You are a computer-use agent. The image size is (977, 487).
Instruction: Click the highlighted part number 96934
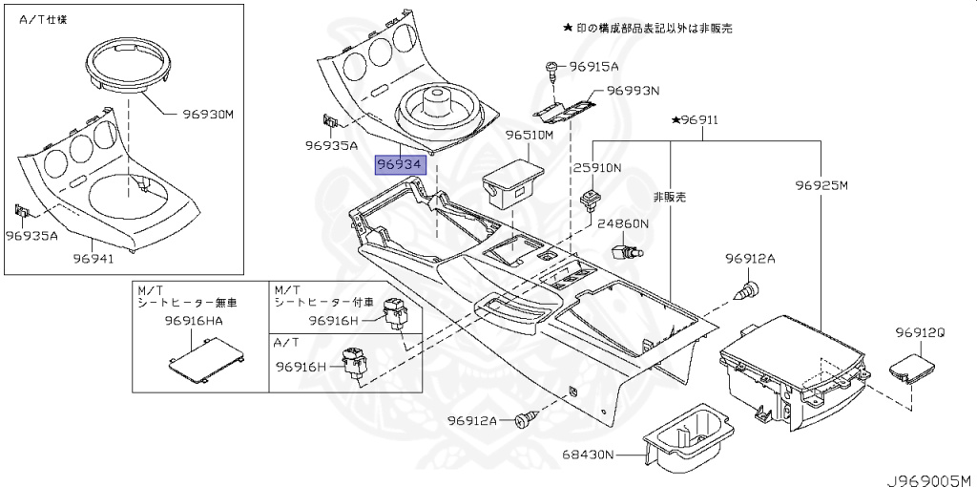point(399,165)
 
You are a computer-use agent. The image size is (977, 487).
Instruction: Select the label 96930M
point(208,115)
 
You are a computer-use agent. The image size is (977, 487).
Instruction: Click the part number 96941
point(96,258)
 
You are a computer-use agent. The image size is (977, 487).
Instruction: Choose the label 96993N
point(634,92)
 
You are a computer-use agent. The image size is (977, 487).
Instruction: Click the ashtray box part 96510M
point(513,181)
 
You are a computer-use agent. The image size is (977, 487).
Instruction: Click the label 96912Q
point(920,332)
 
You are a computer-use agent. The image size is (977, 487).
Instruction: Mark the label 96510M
point(530,137)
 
